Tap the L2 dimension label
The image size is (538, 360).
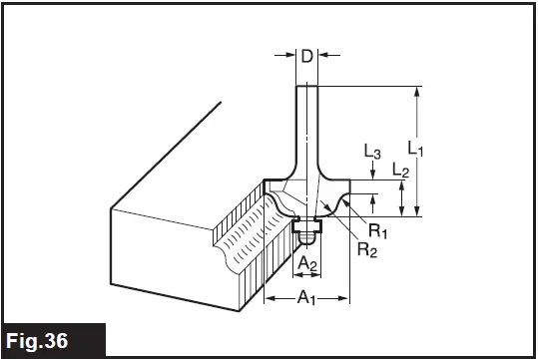click(x=400, y=172)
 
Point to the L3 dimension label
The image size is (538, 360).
click(x=371, y=153)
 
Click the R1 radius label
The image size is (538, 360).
click(x=377, y=231)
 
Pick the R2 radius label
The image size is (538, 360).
click(x=366, y=248)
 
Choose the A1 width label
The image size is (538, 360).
click(x=306, y=296)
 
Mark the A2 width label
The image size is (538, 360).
click(x=308, y=264)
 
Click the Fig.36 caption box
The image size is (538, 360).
click(x=53, y=340)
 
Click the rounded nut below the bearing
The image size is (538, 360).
click(x=308, y=239)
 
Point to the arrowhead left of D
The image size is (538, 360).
click(x=290, y=56)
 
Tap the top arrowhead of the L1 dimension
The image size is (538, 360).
click(x=420, y=91)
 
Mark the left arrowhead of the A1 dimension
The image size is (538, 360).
click(x=268, y=297)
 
